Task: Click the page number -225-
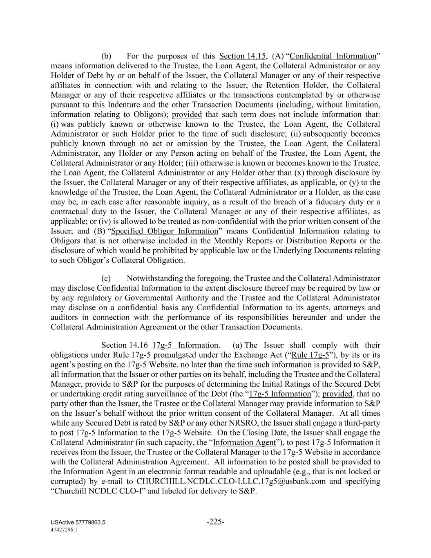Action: click(x=215, y=522)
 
